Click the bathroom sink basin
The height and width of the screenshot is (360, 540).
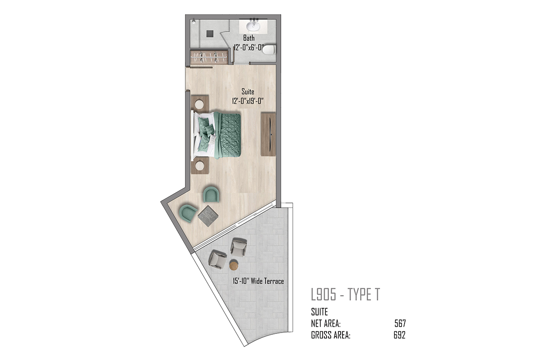coord(253,25)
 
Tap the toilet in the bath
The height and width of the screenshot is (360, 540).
coord(269,49)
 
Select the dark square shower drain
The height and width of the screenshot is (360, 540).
coord(210,33)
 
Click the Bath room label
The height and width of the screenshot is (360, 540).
coord(249,38)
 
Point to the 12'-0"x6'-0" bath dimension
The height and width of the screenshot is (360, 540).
coord(249,47)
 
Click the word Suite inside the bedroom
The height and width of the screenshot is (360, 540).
coord(248,92)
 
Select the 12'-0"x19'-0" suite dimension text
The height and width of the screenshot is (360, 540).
coord(248,101)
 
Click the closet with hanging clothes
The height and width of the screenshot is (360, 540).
coord(209,57)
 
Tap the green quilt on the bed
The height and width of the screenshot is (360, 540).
coord(228,135)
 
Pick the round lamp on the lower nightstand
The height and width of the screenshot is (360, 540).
coord(200,166)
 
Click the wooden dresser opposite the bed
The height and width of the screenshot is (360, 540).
coord(268,134)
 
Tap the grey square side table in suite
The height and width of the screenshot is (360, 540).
coord(208,216)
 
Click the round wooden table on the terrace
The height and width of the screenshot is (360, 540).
coord(234,265)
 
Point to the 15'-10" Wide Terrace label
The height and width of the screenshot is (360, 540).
coord(258,281)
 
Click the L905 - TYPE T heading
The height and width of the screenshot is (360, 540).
coord(345,294)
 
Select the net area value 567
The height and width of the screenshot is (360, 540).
coord(400,324)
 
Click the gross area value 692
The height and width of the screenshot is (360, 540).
coord(400,335)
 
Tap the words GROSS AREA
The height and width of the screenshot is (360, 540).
coord(330,335)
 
